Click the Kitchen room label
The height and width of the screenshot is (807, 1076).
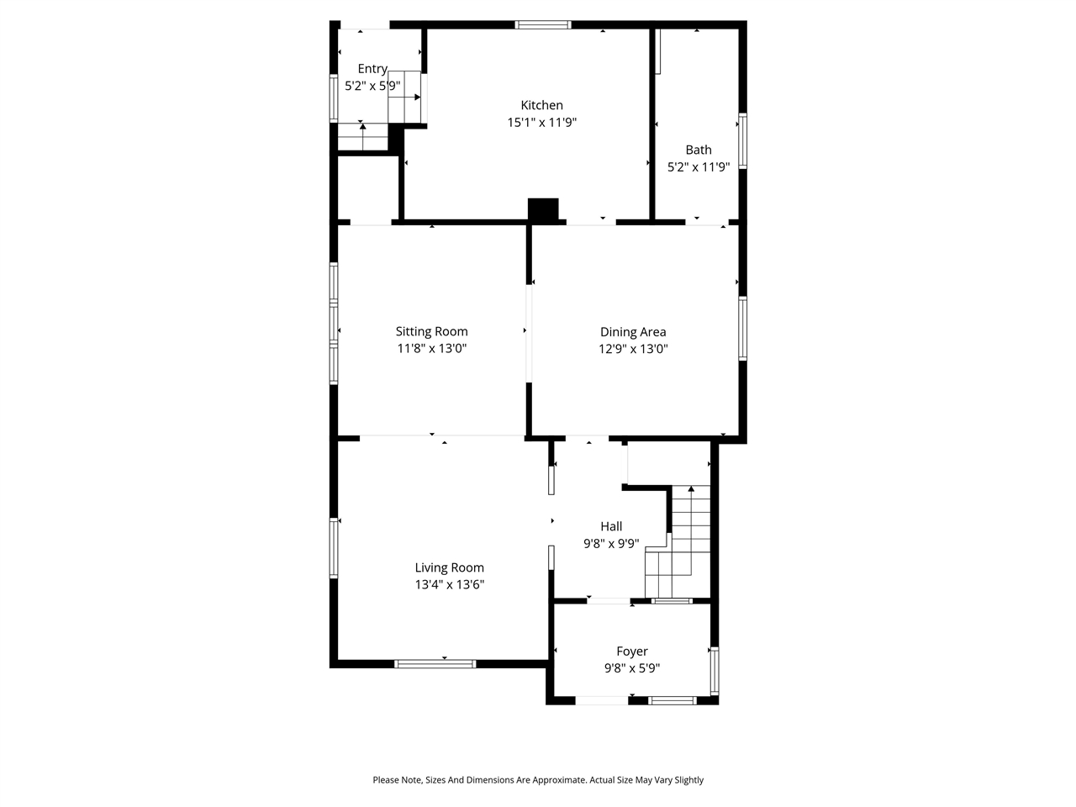541,105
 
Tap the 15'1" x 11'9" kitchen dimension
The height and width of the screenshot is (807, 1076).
541,123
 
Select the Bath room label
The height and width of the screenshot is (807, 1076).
698,150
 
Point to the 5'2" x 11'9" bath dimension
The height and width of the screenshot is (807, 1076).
698,167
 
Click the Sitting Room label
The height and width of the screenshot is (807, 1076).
431,331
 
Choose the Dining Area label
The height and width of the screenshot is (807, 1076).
633,332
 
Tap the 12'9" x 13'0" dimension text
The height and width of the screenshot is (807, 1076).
633,350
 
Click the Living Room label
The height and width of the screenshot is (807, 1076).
449,567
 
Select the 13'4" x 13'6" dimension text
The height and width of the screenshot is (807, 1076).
449,585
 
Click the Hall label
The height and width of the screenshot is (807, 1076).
611,526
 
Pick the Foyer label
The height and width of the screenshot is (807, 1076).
632,651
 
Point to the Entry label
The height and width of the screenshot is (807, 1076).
372,69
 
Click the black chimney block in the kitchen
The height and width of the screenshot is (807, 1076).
543,210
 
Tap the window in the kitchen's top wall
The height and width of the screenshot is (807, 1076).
543,24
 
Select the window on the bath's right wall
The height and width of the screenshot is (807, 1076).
743,141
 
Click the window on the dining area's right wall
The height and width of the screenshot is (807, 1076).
743,329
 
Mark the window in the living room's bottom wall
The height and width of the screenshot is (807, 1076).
435,664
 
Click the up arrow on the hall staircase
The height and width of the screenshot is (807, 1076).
691,488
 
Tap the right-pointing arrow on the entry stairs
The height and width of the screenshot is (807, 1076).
416,97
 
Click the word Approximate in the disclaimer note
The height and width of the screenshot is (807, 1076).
554,780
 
